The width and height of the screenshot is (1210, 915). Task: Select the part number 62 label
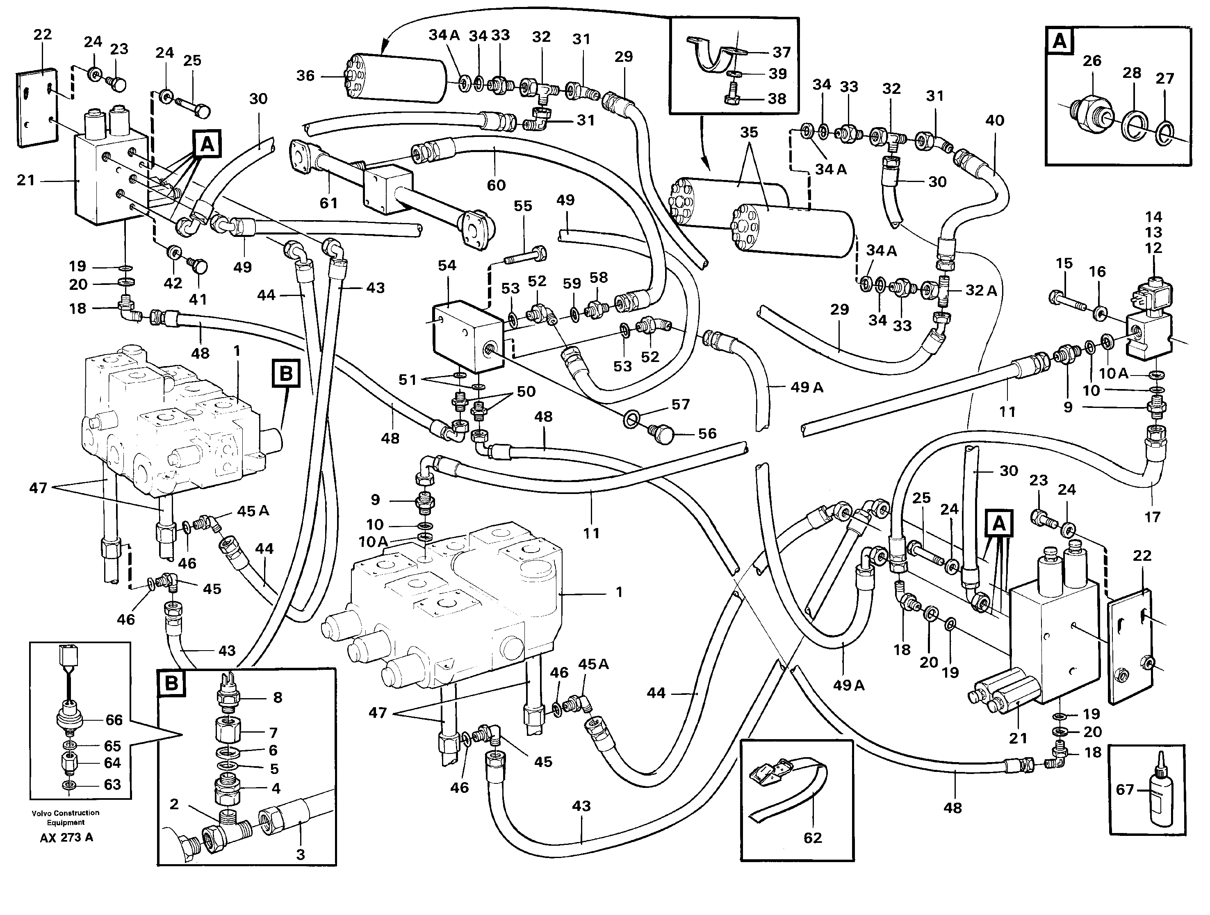pos(812,838)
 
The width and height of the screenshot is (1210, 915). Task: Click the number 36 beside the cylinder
pos(305,75)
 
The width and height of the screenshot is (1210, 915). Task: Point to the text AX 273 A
pos(66,838)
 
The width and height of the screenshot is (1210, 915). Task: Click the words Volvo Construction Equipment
pos(66,817)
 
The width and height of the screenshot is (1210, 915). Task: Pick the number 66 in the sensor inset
pos(114,720)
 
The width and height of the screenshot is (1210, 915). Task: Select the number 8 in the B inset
pos(277,697)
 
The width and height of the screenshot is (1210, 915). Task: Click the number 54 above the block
pos(447,266)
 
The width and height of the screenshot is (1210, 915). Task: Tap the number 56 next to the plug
pos(707,434)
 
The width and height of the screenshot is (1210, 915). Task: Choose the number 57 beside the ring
pos(681,405)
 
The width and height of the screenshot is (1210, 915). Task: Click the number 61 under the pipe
pos(328,203)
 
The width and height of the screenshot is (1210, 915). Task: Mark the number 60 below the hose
pos(496,185)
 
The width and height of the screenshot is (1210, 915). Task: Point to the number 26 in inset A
pos(1092,61)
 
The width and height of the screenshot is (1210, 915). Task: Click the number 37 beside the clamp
pos(782,52)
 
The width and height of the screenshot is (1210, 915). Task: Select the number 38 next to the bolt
pos(777,99)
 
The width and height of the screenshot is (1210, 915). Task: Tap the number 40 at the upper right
pos(994,121)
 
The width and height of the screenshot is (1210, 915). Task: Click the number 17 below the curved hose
pos(1152,517)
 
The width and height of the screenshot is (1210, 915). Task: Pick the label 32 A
pos(981,290)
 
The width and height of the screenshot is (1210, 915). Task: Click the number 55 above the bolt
pos(522,206)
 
